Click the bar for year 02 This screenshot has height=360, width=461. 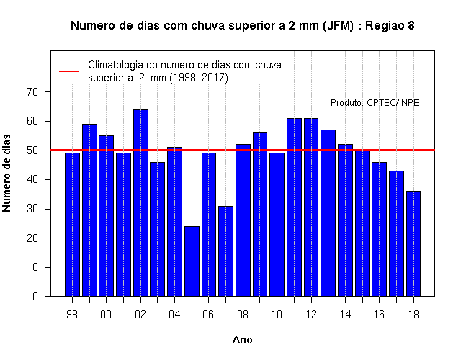(141, 203)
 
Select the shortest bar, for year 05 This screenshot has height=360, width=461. (192, 261)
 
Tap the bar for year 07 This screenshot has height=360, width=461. (225, 251)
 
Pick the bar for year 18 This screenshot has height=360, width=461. (413, 243)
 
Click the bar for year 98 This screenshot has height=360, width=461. (72, 225)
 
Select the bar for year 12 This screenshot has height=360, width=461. (311, 207)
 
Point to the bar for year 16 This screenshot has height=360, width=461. (380, 229)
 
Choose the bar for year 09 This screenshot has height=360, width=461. (260, 215)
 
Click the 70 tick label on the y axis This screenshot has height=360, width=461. (32, 92)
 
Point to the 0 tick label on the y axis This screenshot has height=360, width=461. (35, 296)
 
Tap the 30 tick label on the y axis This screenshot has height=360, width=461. (32, 209)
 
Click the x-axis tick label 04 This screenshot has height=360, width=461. (174, 315)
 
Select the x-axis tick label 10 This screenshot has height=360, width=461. (277, 315)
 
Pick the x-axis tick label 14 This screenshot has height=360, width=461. (345, 315)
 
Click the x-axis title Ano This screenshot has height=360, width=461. (242, 340)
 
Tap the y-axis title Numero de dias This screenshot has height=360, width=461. (6, 174)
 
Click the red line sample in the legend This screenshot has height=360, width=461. (69, 71)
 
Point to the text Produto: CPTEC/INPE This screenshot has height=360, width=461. (375, 103)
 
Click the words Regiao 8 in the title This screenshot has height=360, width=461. (390, 26)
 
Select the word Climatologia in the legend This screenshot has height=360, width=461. (115, 65)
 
